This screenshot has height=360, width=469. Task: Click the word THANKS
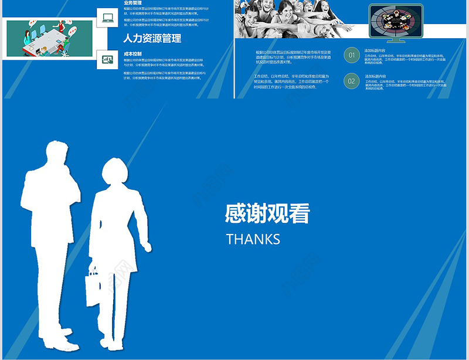point(253,239)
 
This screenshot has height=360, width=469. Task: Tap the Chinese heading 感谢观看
point(267,214)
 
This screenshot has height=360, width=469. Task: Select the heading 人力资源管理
point(152,39)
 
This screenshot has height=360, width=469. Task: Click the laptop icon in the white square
point(107,17)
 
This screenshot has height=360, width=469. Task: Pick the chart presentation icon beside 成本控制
point(107,59)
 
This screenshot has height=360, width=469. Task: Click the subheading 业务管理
point(132,3)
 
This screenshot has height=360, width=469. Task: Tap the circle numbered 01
point(352,56)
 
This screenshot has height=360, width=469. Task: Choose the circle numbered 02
point(352,81)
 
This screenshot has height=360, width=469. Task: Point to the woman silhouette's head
point(114,173)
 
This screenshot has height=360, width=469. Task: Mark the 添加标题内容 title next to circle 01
point(375,50)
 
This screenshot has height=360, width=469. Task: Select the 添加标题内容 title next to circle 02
point(375,76)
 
